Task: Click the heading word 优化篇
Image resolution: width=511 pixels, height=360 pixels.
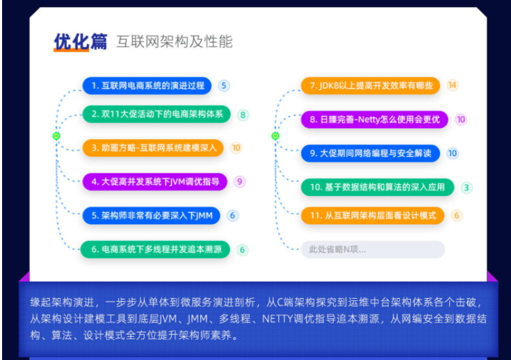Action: point(81,41)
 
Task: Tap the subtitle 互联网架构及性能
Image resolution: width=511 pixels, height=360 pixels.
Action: point(174,41)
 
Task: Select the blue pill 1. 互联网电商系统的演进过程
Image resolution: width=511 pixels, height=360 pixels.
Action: point(147,85)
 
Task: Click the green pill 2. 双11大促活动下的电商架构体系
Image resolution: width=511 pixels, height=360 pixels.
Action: point(156,115)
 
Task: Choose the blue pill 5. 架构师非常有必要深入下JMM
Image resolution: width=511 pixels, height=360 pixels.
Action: point(152,215)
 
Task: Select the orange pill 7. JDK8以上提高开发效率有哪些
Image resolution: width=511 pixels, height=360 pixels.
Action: point(371,85)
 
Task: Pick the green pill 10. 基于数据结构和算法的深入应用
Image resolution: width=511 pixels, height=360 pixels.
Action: point(377,187)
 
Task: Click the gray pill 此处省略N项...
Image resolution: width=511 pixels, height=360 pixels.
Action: point(372,249)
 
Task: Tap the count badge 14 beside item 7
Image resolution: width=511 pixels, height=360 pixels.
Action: point(453,85)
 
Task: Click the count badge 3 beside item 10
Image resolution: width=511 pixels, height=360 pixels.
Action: point(467,187)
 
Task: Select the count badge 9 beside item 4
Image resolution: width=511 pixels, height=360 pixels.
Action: point(240,181)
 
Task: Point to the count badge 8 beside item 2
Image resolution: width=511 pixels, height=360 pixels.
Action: point(243,115)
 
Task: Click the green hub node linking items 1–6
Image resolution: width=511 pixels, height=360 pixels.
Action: point(57,136)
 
